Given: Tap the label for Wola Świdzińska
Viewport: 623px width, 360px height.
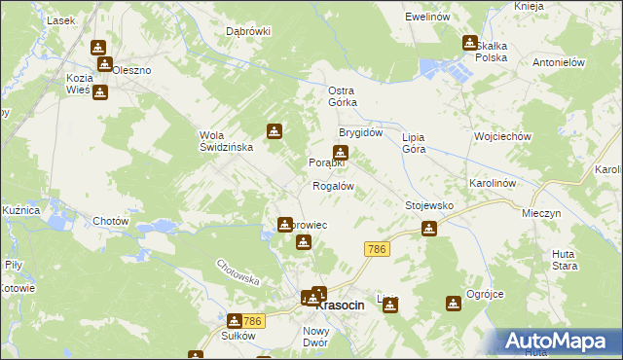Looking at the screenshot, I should (226, 141).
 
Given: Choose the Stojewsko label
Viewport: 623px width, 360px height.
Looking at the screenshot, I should (429, 206).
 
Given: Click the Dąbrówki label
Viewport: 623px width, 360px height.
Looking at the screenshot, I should (248, 31).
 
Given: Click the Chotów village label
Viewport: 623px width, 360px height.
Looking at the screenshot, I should (111, 221).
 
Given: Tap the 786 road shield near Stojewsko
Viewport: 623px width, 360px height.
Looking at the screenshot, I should (378, 250).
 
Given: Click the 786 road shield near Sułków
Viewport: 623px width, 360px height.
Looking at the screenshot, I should (254, 321).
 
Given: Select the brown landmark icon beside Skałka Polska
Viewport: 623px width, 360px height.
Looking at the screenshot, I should (470, 43).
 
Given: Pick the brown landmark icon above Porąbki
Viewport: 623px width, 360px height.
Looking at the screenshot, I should (340, 152).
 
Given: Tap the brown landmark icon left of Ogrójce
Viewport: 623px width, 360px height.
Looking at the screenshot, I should (452, 304).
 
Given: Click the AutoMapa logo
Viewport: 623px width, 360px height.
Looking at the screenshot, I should (559, 341).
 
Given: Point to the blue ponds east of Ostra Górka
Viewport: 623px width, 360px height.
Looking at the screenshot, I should (443, 69).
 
